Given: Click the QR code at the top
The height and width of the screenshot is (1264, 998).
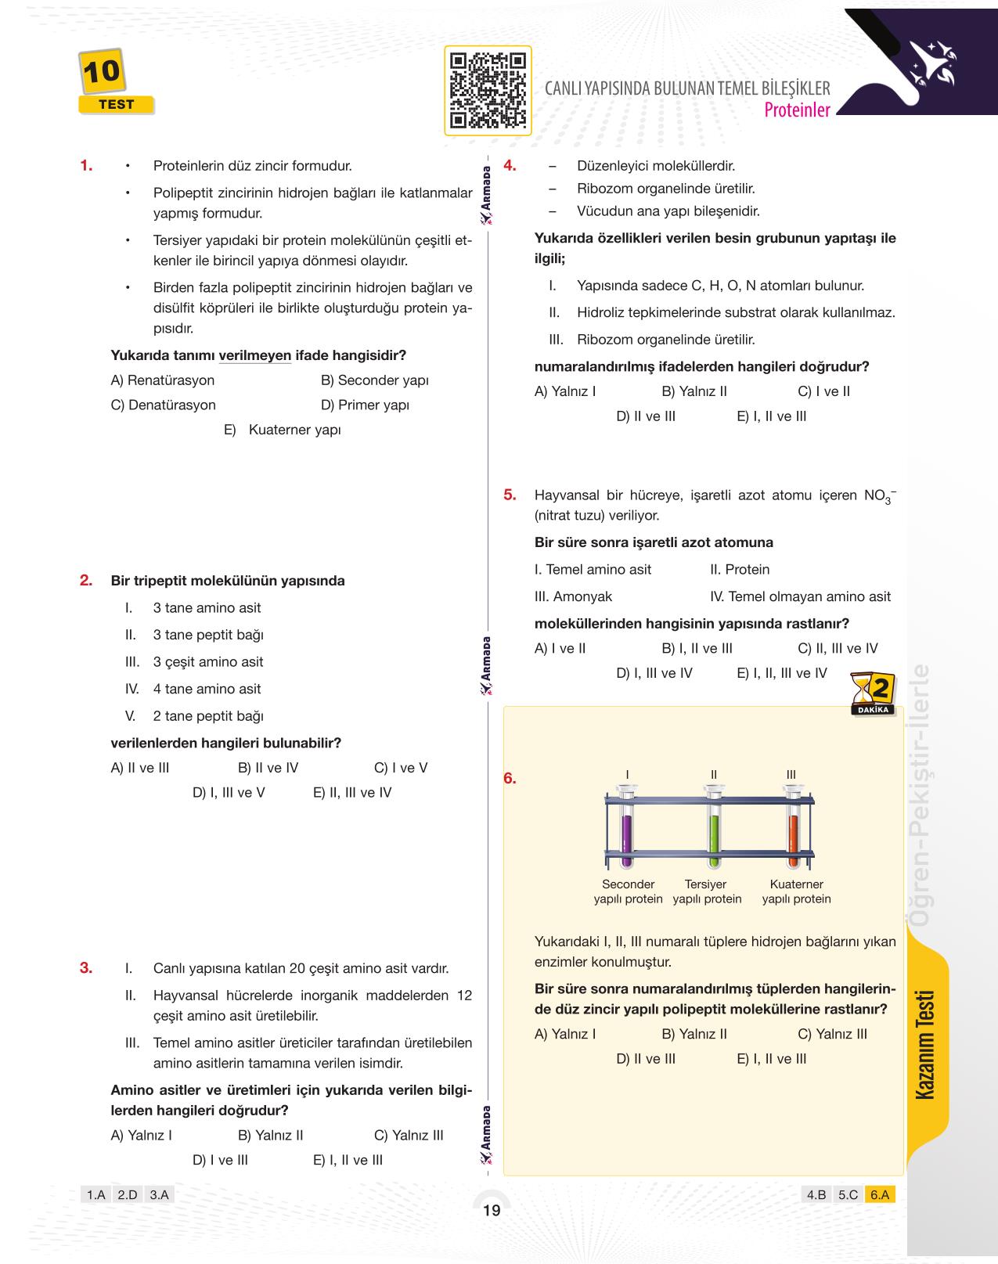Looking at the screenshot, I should tap(487, 91).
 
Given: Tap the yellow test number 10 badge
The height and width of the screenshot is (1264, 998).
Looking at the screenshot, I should tap(102, 72).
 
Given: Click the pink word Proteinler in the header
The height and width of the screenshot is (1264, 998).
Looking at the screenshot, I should tap(796, 110).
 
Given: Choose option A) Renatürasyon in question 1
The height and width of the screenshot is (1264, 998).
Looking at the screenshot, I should tap(163, 380).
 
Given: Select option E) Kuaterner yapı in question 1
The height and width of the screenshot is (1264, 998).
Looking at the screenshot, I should tap(283, 430).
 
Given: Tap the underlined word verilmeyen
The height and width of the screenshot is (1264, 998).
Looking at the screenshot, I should tap(254, 355).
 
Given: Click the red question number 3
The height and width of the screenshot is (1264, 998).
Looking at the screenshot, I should tap(86, 967).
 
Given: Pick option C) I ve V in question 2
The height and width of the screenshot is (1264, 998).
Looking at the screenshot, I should tap(401, 768).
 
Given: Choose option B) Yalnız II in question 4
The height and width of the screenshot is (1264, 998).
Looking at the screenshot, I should tap(694, 391).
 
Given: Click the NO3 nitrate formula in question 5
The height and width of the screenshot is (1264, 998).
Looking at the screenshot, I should tap(880, 495).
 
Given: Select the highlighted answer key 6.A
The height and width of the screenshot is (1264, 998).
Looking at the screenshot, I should tap(880, 1195).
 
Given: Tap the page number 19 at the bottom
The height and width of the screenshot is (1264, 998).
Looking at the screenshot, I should tap(492, 1211).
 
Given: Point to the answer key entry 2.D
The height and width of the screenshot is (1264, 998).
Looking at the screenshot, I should tap(127, 1195).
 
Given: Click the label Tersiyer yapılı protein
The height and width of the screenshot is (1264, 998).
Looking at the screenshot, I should tap(707, 891).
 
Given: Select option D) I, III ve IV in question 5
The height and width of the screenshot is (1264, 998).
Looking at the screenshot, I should tap(654, 673).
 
